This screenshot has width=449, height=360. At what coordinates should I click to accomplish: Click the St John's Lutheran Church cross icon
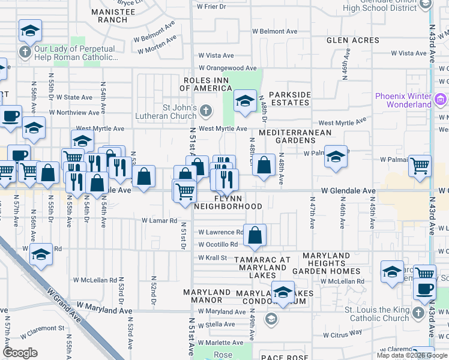pos(206,110)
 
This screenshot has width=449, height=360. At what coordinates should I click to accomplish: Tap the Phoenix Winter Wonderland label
pos(403,100)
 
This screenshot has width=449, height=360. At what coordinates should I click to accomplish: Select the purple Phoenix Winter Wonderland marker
pos(440,100)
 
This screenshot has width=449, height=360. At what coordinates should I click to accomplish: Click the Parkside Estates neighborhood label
pos(290,98)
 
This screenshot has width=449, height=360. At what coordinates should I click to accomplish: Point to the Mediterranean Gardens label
pos(287,136)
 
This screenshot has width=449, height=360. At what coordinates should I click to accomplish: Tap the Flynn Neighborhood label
pos(228,202)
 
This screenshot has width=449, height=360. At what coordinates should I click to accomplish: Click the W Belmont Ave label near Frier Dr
pos(274,31)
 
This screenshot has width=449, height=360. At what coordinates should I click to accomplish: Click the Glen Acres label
pos(353,40)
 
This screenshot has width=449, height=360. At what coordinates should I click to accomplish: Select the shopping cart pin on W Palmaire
pos(420,164)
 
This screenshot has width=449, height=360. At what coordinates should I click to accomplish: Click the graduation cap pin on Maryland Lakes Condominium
pos(283,292)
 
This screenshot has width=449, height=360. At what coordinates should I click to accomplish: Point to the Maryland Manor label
pos(207,296)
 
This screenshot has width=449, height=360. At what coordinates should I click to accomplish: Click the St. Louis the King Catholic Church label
pos(377,314)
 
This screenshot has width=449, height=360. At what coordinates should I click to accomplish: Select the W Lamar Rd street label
pos(160,221)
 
